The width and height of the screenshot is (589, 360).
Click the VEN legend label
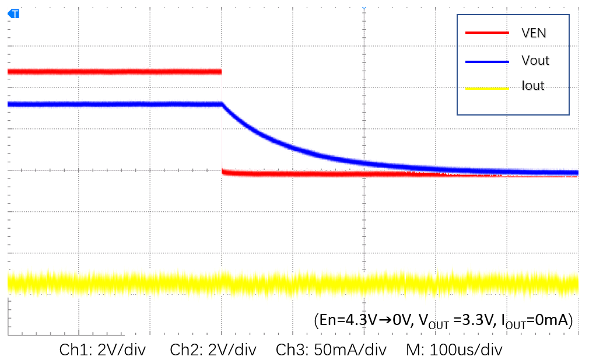(534, 33)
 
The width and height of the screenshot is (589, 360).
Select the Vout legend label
(535, 60)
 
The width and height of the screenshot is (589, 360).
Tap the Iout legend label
(532, 86)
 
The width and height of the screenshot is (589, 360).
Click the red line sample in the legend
(487, 33)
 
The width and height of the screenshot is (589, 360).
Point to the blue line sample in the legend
(487, 60)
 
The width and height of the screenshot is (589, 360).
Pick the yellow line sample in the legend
(487, 88)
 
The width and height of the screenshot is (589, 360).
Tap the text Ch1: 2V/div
(103, 350)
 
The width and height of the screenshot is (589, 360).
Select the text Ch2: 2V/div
(213, 350)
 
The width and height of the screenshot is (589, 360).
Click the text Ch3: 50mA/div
(331, 350)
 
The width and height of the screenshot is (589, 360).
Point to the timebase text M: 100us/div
(454, 350)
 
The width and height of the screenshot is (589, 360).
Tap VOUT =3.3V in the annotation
(453, 321)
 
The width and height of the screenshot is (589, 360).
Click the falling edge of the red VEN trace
(222, 123)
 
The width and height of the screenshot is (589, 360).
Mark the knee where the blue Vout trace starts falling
(223, 104)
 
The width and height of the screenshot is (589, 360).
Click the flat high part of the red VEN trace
(117, 72)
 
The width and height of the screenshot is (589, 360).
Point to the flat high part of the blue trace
(117, 104)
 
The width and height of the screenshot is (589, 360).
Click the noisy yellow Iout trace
(292, 283)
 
